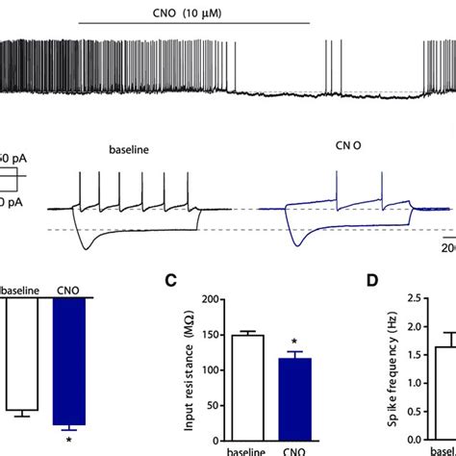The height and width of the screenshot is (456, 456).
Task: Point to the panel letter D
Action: (x=370, y=282)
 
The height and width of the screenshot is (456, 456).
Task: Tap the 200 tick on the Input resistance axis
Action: (x=202, y=299)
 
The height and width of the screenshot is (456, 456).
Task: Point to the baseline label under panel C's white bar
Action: (x=242, y=447)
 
